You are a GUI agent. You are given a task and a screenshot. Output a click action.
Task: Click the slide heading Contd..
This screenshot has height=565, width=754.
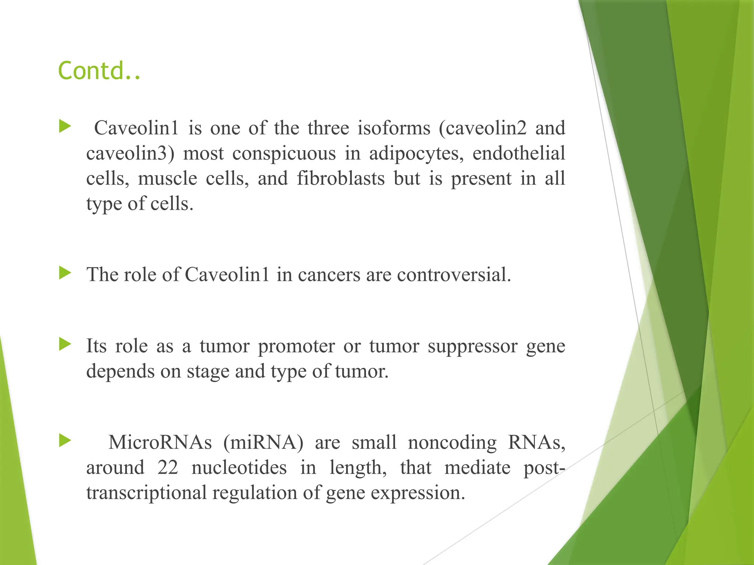[99, 71]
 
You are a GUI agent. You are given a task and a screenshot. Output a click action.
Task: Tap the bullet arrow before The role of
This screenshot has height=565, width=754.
[65, 273]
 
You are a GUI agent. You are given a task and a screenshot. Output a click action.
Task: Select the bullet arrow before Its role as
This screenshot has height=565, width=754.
[65, 344]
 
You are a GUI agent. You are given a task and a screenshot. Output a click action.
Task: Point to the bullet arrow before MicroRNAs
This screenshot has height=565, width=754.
[65, 440]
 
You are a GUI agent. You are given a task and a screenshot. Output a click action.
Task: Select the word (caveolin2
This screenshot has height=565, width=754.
[482, 128]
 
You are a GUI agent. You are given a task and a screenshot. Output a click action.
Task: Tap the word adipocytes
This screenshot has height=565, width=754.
[416, 154]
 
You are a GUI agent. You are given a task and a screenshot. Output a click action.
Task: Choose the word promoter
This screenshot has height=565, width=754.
[296, 347]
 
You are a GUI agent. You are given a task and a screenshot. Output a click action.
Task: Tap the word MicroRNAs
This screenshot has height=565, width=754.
[160, 442]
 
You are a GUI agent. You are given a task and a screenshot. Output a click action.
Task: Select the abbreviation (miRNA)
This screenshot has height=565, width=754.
[264, 442]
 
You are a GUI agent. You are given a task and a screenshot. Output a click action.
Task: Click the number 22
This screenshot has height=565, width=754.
[168, 468]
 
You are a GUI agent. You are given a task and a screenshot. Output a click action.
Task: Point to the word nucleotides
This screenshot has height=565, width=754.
[239, 468]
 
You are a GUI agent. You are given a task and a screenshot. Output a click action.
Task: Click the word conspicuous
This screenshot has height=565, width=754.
[284, 154]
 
